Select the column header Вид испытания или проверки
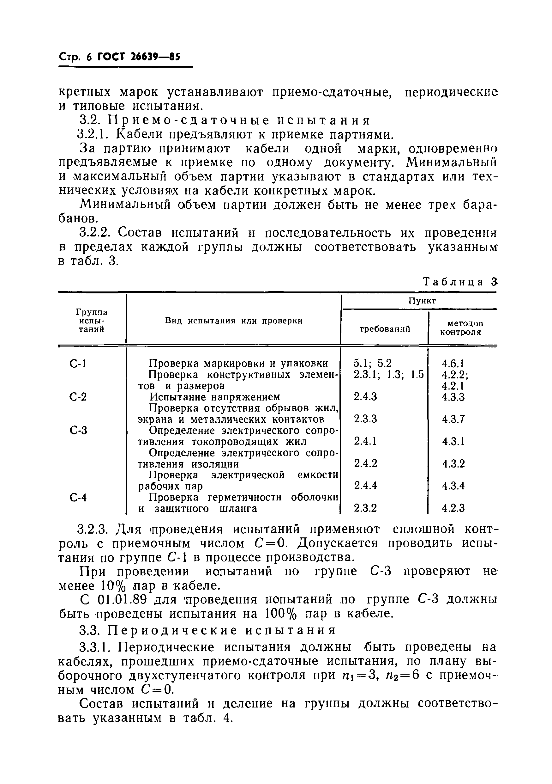pyautogui.click(x=234, y=321)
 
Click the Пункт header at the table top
pyautogui.click(x=422, y=301)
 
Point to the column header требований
pyautogui.click(x=385, y=329)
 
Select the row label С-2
pyautogui.click(x=78, y=397)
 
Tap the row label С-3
pyautogui.click(x=78, y=431)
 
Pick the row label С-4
pyautogui.click(x=78, y=498)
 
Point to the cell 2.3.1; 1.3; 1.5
pyautogui.click(x=388, y=375)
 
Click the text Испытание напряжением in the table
pyautogui.click(x=215, y=397)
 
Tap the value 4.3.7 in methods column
pyautogui.click(x=453, y=419)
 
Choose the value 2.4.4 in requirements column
pyautogui.click(x=365, y=486)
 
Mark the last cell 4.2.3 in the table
pyautogui.click(x=453, y=508)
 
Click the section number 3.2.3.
pyautogui.click(x=93, y=530)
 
